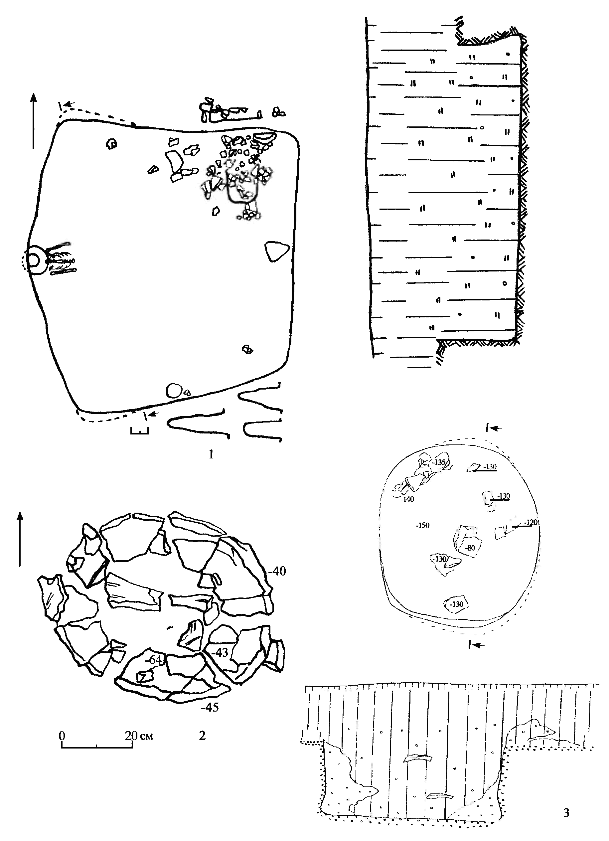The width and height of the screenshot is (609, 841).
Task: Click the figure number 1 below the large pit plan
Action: click(x=211, y=454)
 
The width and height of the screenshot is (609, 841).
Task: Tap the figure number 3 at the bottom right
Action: click(x=566, y=812)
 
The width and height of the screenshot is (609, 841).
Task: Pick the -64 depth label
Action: click(x=153, y=660)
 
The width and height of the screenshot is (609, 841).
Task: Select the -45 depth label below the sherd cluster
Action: click(x=210, y=707)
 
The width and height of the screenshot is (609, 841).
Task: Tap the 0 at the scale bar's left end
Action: click(x=62, y=735)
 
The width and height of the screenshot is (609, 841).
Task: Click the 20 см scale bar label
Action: click(x=139, y=736)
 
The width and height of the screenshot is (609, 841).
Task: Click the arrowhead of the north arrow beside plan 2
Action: click(x=20, y=516)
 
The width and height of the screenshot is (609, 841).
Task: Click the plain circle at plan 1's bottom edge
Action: click(x=174, y=391)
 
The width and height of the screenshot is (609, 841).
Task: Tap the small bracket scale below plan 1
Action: click(x=139, y=430)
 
